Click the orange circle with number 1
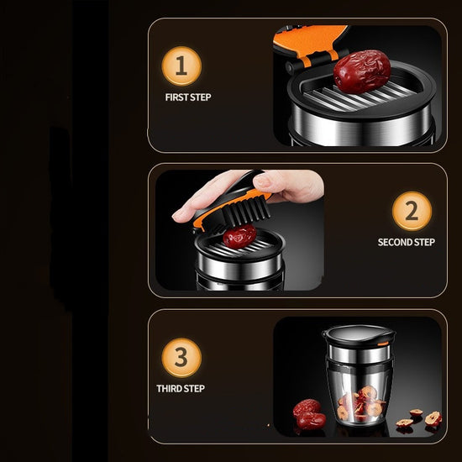point(181,66)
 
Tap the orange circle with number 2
point(412,211)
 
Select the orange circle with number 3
point(181,357)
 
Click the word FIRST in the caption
point(176,97)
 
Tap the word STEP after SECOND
point(424,242)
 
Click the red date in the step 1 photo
point(362,71)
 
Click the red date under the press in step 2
point(239,236)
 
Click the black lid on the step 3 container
point(359,336)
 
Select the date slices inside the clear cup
point(361,403)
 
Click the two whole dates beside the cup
point(309,414)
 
